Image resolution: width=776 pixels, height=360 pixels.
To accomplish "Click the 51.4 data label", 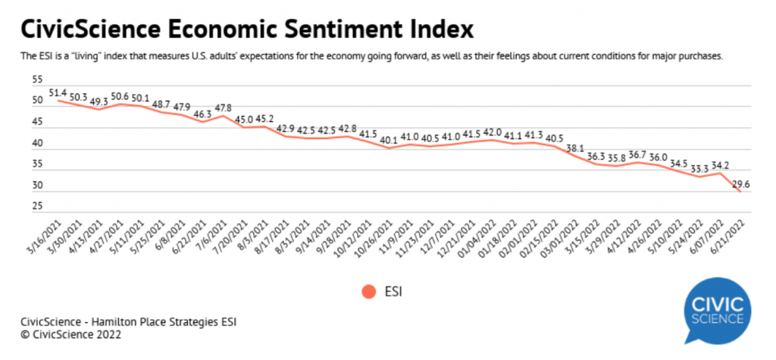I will [x=58, y=92].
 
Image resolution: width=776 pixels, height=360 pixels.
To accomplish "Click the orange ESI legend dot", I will [x=368, y=291].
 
